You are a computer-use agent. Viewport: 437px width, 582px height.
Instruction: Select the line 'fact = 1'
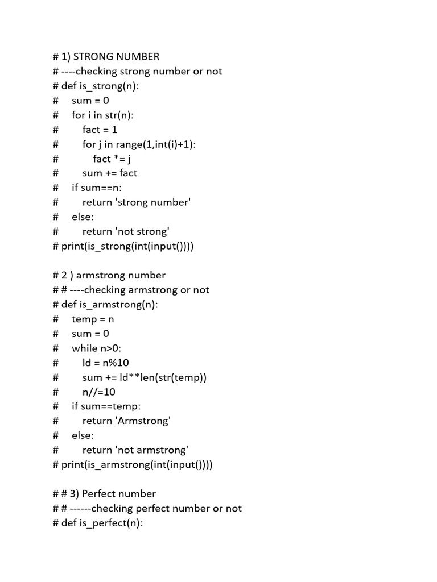click(x=100, y=130)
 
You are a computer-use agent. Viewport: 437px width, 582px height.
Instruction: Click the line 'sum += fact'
click(x=110, y=173)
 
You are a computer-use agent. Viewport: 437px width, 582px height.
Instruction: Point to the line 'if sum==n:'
click(x=97, y=188)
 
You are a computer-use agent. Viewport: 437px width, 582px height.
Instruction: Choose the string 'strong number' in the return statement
click(x=152, y=202)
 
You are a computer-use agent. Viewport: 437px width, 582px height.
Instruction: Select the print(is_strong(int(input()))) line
click(x=127, y=246)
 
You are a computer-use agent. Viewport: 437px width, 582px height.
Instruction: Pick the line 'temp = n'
click(x=93, y=319)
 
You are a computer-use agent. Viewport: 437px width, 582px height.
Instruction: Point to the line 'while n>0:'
click(x=97, y=348)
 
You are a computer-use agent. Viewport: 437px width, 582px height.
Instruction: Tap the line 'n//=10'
click(x=98, y=392)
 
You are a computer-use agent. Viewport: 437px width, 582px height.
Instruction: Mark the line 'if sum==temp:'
click(x=106, y=406)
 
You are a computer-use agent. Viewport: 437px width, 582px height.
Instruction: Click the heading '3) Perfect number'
click(x=119, y=494)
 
